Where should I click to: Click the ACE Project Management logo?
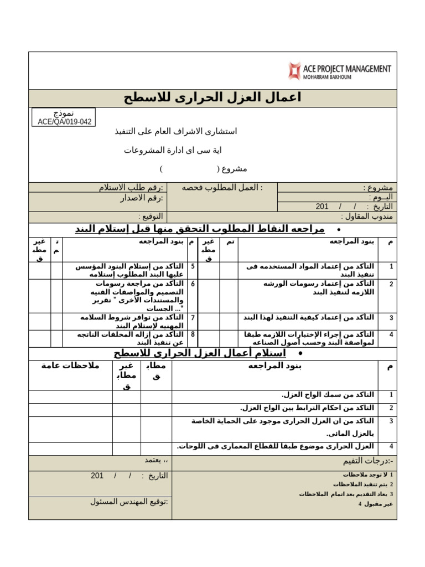tap(339, 71)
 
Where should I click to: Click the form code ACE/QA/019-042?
tap(64, 121)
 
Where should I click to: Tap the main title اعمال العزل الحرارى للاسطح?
tap(212, 98)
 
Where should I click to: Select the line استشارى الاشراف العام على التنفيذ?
tap(175, 131)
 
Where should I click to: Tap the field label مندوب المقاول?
tap(367, 217)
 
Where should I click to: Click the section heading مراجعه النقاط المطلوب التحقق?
tap(199, 229)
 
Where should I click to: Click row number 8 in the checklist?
tap(192, 334)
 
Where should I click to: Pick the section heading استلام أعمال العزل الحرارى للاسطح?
tap(200, 353)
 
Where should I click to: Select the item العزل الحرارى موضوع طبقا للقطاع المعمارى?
tap(276, 446)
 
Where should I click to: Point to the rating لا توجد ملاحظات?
tap(364, 475)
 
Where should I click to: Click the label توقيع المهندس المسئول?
tap(129, 502)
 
